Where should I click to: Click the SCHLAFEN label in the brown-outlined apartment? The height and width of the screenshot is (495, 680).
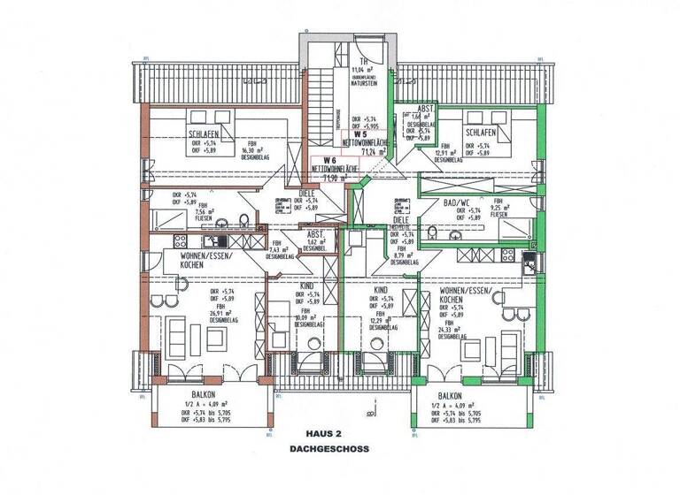(205, 133)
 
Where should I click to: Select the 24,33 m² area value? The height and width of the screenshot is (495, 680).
(450, 329)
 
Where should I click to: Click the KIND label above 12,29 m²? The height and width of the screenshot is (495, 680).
(381, 289)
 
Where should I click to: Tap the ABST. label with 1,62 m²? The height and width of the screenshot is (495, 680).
(314, 233)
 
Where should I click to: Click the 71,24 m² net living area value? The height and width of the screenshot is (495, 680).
(365, 151)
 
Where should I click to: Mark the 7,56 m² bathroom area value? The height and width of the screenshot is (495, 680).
(164, 212)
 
